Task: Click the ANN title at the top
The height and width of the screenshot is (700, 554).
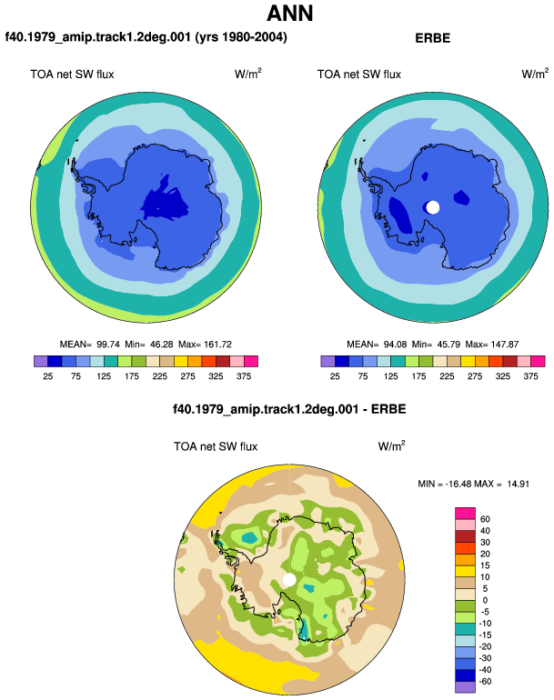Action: tap(289, 14)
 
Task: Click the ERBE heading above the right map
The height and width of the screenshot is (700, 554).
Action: tap(432, 38)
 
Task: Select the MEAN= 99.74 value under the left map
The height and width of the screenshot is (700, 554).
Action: tap(90, 345)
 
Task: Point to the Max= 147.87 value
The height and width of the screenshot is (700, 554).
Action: tap(492, 345)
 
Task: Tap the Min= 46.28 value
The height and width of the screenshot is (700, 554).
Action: tap(149, 345)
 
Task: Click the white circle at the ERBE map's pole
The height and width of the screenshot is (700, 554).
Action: tap(432, 207)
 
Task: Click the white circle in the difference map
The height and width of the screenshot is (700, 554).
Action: tap(289, 580)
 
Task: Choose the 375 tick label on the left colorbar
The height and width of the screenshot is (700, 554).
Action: tap(244, 376)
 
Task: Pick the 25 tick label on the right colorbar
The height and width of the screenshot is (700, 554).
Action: tap(335, 376)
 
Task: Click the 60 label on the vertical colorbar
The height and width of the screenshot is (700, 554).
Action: tap(485, 519)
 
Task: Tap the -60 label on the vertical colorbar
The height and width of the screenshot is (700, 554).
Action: tap(484, 681)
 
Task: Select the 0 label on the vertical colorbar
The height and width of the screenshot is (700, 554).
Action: tap(485, 600)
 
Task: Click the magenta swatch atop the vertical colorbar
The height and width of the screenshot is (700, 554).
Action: tap(465, 513)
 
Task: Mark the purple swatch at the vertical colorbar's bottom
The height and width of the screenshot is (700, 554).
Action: tap(465, 687)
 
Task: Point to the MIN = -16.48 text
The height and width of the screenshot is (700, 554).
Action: tap(445, 484)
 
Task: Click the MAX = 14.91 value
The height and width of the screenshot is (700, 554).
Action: tap(502, 484)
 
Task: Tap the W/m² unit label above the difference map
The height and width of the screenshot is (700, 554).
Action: tap(391, 445)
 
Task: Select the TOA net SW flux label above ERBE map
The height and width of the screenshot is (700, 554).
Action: tap(359, 75)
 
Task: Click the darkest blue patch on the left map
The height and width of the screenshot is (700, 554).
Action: tap(165, 202)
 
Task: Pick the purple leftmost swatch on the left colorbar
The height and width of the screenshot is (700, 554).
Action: tap(41, 361)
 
